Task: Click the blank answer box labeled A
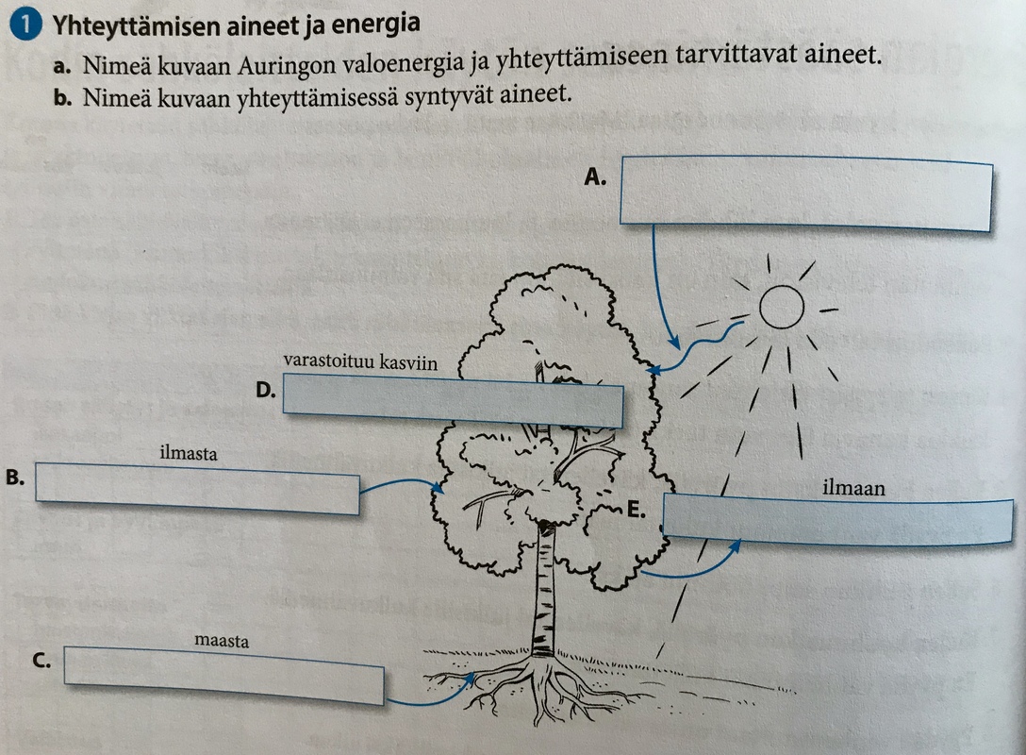pyautogui.click(x=805, y=193)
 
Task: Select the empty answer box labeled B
pyautogui.click(x=197, y=488)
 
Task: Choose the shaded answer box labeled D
pyautogui.click(x=453, y=399)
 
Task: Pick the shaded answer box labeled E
pyautogui.click(x=837, y=520)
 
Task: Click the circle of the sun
pyautogui.click(x=781, y=308)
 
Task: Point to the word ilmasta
pyautogui.click(x=189, y=455)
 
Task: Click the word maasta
pyautogui.click(x=222, y=642)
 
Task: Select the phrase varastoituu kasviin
pyautogui.click(x=360, y=362)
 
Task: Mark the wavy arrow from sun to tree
pyautogui.click(x=703, y=350)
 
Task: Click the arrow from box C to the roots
pyautogui.click(x=429, y=696)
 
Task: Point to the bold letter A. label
pyautogui.click(x=594, y=176)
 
